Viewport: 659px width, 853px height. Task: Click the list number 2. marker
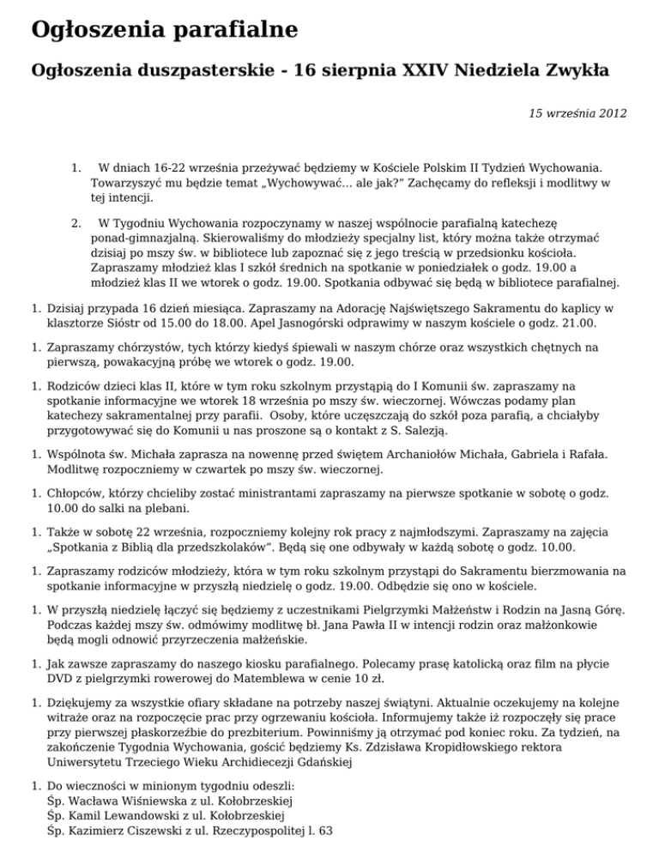76,225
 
